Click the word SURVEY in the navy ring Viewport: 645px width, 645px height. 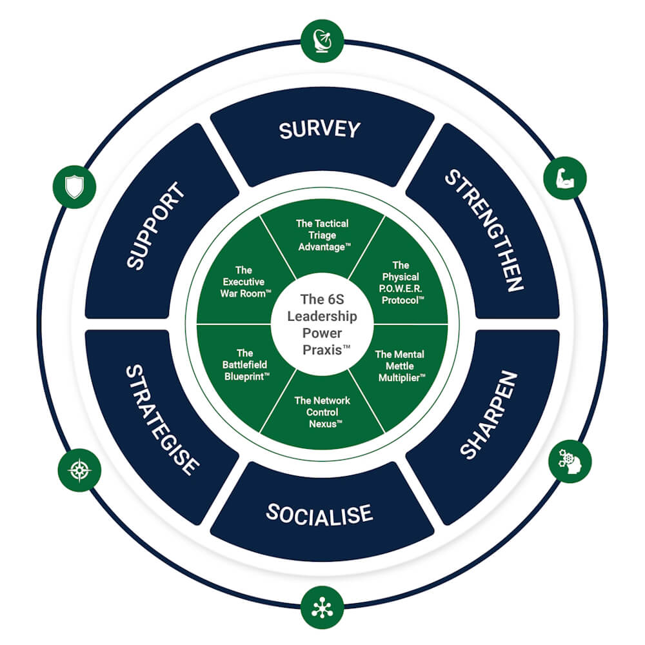pyautogui.click(x=319, y=130)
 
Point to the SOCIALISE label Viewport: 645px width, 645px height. pyautogui.click(x=319, y=514)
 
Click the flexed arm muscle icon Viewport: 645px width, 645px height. pyautogui.click(x=564, y=178)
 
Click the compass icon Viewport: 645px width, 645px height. pyautogui.click(x=79, y=470)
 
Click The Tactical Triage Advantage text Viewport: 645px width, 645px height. pyautogui.click(x=322, y=235)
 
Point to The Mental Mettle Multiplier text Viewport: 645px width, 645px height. pyautogui.click(x=401, y=365)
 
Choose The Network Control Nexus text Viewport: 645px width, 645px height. pyautogui.click(x=322, y=412)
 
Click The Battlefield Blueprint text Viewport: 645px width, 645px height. pyautogui.click(x=244, y=364)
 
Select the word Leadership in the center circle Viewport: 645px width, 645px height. pyautogui.click(x=322, y=317)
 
